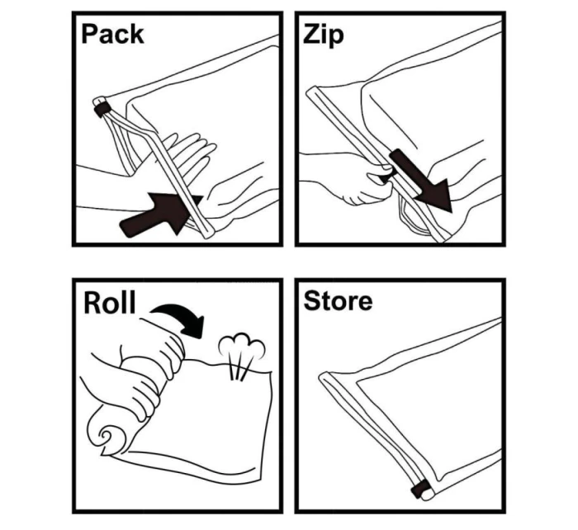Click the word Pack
click(x=112, y=34)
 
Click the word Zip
click(x=324, y=35)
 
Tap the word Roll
click(x=110, y=303)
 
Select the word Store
click(x=338, y=301)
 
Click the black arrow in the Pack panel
click(x=162, y=214)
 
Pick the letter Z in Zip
click(x=311, y=34)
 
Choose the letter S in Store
click(x=311, y=301)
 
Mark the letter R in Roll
click(x=92, y=303)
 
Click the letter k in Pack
click(x=136, y=34)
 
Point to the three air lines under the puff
click(x=239, y=366)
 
